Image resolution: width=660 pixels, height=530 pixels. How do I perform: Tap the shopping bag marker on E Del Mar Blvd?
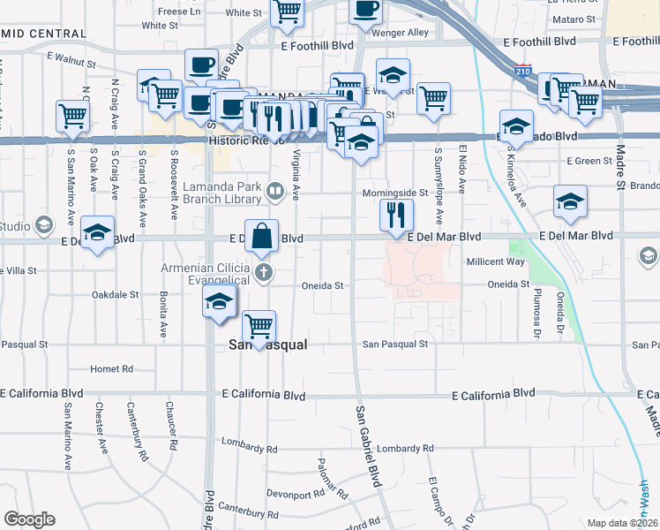[x=262, y=236]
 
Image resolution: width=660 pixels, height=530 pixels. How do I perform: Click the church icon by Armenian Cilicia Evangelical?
[x=263, y=272]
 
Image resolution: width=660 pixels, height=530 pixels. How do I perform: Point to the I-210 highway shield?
[x=524, y=70]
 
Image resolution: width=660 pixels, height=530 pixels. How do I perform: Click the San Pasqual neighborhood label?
[x=267, y=345]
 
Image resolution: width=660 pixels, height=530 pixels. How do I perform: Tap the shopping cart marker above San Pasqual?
[x=259, y=326]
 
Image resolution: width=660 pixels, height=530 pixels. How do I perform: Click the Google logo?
[x=29, y=519]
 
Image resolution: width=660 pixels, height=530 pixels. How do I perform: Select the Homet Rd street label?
[x=111, y=368]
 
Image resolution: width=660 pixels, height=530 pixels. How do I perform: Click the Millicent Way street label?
[x=495, y=261]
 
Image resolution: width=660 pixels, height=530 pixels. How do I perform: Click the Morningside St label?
[x=394, y=193]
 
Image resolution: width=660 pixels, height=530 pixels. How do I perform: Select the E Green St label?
[x=589, y=161]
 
